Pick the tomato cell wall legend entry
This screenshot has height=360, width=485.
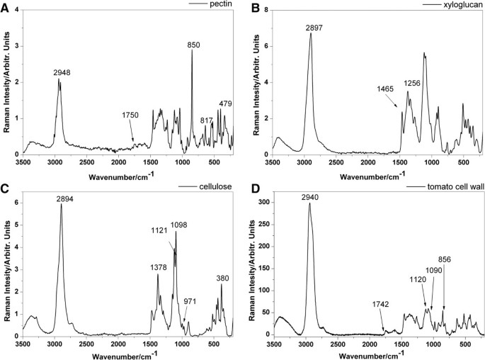coord(452,186)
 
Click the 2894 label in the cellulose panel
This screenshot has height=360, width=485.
coord(67,199)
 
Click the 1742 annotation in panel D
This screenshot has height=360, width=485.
coord(381,304)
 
